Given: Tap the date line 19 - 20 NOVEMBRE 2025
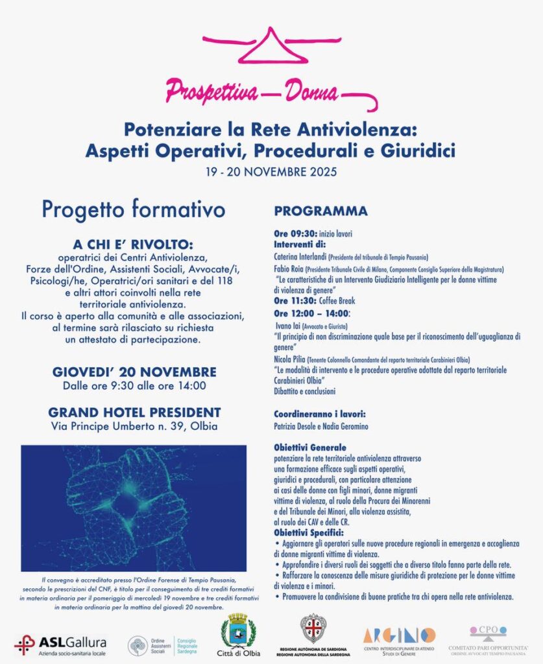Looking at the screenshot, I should click(271, 173).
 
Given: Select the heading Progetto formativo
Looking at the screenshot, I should click(134, 209).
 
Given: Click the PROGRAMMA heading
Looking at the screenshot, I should click(320, 211).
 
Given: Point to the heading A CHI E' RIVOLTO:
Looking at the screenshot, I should click(133, 244).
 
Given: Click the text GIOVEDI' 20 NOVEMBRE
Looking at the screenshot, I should click(134, 372).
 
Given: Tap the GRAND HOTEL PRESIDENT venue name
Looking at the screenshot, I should click(134, 412).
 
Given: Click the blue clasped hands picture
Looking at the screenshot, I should click(134, 507).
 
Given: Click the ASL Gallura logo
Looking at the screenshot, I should click(60, 644).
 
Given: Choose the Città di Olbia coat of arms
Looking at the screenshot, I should click(238, 633).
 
